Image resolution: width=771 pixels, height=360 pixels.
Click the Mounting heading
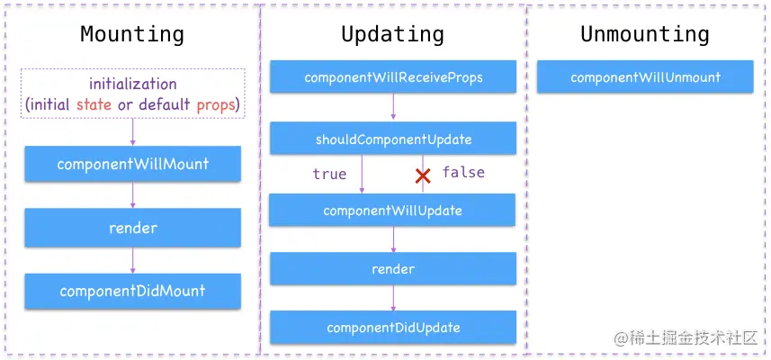point(132,35)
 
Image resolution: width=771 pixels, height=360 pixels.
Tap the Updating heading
point(392,35)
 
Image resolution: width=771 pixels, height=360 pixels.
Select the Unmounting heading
point(644,35)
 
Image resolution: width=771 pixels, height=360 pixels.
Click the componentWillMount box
point(132,165)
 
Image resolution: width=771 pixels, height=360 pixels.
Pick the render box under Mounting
point(132,228)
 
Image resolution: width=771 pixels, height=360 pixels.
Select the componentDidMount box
point(132,291)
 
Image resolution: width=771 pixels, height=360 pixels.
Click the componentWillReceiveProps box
point(393,77)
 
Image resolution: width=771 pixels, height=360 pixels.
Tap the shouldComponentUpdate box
point(393,139)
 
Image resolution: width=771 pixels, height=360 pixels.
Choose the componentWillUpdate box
point(392,211)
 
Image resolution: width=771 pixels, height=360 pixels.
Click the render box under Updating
point(393,269)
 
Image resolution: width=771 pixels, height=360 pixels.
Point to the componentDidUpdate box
point(393,328)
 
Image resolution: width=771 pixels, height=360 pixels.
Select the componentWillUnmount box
point(645,77)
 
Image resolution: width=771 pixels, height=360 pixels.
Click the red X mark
point(423,175)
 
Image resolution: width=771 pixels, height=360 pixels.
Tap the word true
point(329,174)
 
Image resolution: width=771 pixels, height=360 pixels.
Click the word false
point(463,172)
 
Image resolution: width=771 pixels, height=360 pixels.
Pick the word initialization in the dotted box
point(132,84)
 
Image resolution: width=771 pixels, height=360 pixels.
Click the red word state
point(95,104)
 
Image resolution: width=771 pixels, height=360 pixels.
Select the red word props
point(216,104)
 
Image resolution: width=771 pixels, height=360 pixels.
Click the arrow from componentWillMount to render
point(132,194)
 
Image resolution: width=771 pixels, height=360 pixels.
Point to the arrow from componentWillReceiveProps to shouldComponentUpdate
point(393,107)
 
